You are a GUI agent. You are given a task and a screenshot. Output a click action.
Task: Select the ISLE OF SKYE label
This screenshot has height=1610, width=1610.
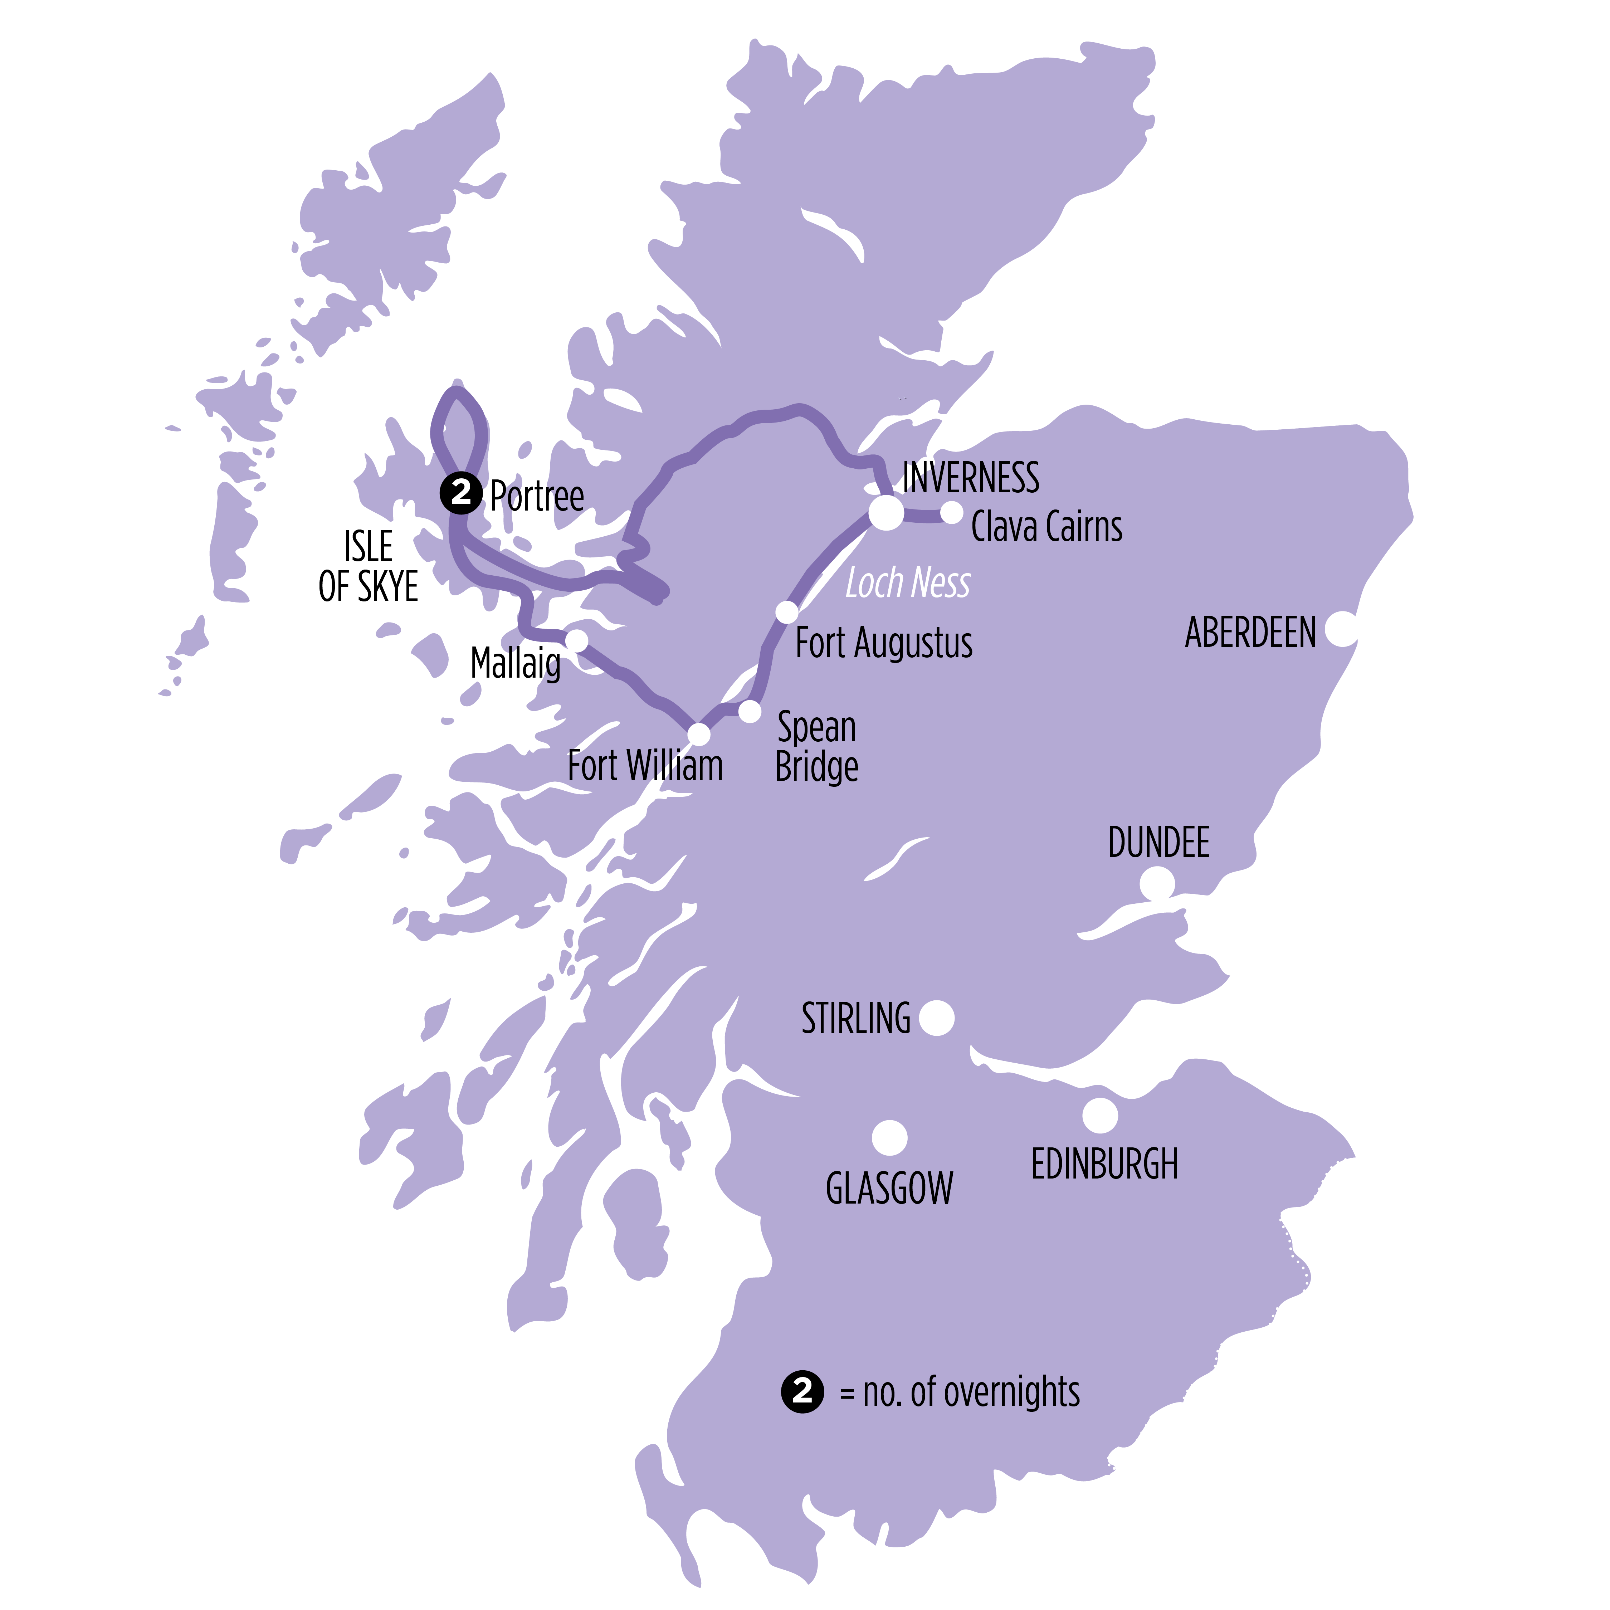coord(369,567)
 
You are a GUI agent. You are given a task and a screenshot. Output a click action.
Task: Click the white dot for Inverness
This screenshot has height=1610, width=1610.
coord(886,512)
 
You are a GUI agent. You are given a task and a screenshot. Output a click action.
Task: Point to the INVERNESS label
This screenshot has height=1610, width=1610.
coord(971,478)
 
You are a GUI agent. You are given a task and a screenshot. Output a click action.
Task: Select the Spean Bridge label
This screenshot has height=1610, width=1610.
coord(817,747)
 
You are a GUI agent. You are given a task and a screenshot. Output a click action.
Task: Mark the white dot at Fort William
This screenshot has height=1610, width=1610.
coord(698,734)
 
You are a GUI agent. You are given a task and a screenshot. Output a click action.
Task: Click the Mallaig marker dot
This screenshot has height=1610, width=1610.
coord(577,640)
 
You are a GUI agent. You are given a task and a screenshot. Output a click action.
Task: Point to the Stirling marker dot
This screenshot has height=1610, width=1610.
coord(937,1018)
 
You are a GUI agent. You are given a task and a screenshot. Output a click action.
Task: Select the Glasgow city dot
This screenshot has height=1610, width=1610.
coord(889,1137)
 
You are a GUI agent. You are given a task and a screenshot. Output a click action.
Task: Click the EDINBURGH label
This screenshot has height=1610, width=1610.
coord(1104,1164)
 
